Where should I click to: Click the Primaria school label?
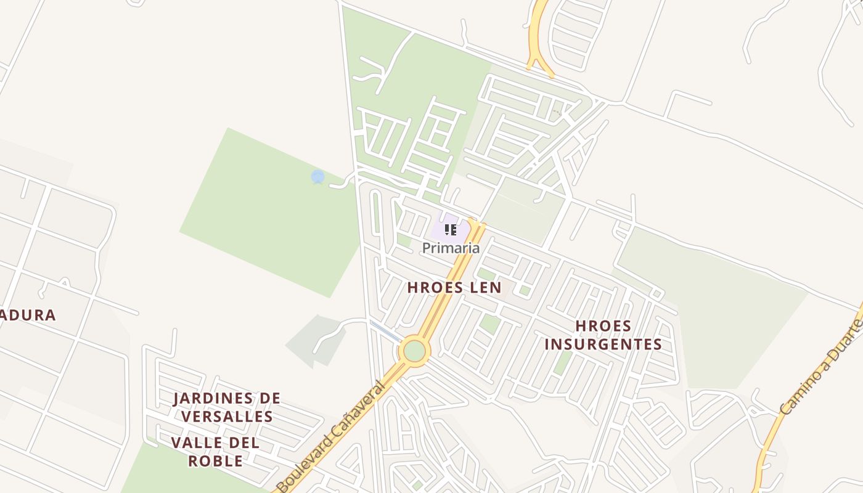[x=451, y=248]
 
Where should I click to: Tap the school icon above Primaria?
[x=451, y=230]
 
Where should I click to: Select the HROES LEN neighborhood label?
[x=454, y=287]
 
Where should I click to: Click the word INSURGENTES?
[x=603, y=344]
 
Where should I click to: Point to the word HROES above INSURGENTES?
[x=603, y=326]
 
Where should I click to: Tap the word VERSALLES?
[x=227, y=417]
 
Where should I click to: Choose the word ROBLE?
[x=215, y=461]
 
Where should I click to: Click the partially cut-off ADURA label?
[x=27, y=316]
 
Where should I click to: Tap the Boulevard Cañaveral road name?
[x=331, y=437]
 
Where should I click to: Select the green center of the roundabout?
[x=414, y=351]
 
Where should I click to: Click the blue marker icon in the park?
[x=317, y=177]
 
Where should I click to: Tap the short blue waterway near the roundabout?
[x=385, y=331]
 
